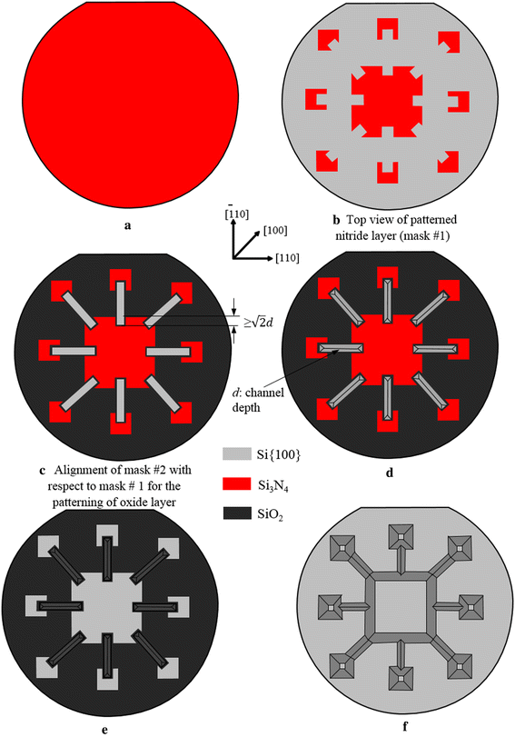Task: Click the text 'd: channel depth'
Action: point(269,399)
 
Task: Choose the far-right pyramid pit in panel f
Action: point(475,606)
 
